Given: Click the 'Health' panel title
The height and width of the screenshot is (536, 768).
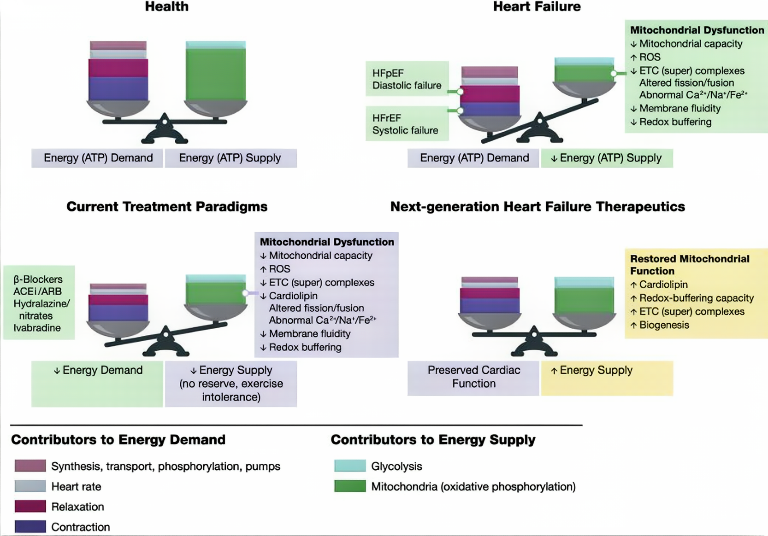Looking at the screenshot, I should click(166, 7).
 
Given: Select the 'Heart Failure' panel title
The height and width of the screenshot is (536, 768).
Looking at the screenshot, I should click(537, 7).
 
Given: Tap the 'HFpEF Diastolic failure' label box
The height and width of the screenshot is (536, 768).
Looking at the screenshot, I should click(407, 79).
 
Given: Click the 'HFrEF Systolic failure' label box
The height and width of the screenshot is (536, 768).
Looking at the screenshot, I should click(406, 124).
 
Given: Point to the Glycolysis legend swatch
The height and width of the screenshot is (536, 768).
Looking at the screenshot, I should click(350, 466).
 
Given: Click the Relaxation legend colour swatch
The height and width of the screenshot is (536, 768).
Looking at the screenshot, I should click(30, 506).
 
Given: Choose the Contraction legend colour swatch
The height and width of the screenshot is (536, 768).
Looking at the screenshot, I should click(30, 526).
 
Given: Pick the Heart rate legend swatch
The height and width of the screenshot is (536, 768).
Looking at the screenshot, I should click(30, 486).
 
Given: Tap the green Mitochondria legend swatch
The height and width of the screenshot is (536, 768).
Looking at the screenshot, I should click(350, 486).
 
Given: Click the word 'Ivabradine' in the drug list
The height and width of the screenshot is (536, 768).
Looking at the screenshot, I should click(37, 328).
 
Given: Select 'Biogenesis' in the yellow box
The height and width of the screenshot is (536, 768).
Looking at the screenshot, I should click(664, 325).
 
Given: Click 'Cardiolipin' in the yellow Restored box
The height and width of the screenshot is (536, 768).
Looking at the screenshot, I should click(663, 285).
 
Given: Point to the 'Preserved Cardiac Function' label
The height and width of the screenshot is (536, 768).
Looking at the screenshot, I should click(473, 377).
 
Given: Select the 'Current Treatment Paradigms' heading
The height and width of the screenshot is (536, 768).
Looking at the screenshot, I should click(167, 206).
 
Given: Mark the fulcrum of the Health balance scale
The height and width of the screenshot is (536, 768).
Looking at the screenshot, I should click(165, 131).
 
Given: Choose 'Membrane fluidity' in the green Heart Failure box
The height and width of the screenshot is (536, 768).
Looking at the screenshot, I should click(679, 109).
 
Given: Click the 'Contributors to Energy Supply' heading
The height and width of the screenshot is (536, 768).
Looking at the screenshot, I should click(433, 440).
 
